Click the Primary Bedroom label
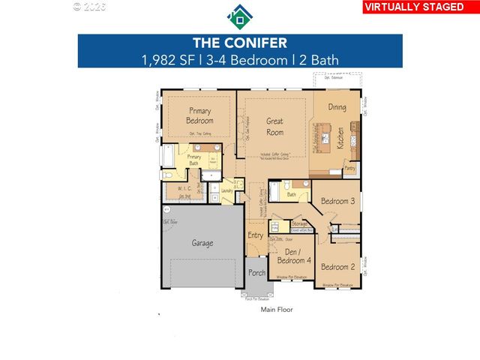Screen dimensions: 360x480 tap(200, 115)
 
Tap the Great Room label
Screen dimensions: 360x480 tap(274, 126)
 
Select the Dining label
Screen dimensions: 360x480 tap(337, 107)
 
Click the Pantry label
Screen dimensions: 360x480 tap(349, 169)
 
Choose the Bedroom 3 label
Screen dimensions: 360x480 tap(337, 201)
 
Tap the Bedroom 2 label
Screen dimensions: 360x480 tap(337, 267)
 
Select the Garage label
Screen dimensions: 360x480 tap(202, 243)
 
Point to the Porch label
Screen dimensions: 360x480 tap(257, 273)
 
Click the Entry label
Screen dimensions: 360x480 tap(256, 235)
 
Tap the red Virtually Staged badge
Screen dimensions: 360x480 tap(418, 7)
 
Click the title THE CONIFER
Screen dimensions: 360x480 tap(240, 43)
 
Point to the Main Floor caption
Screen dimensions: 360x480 tap(277, 309)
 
